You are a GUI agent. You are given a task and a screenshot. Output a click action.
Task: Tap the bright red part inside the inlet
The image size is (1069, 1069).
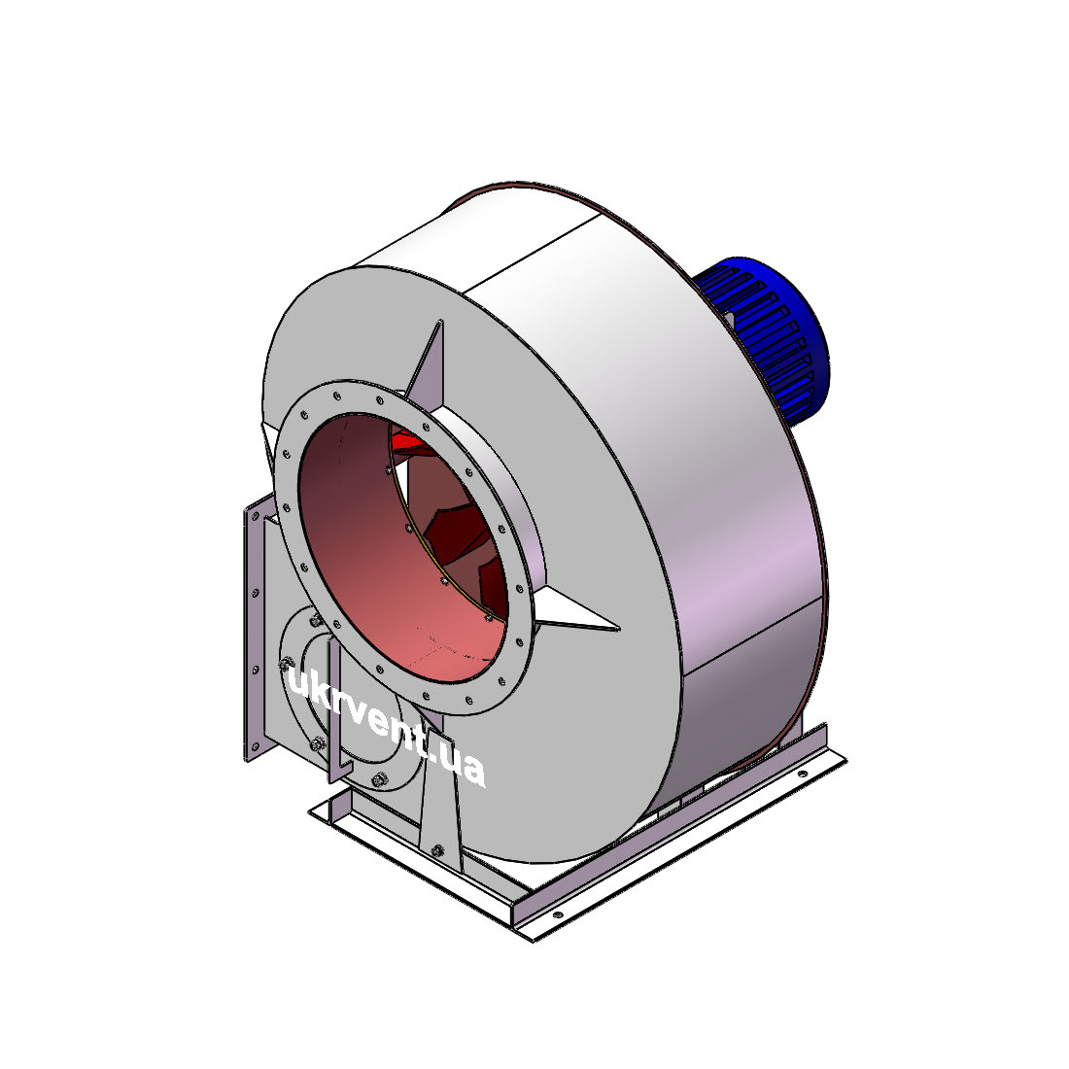411,443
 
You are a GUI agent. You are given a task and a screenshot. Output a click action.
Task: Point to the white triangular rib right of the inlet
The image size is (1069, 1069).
572,611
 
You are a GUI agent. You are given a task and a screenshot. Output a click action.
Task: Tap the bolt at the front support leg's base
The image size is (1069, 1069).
437,850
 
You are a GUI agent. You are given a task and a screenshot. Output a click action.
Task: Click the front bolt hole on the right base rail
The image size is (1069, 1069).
558,914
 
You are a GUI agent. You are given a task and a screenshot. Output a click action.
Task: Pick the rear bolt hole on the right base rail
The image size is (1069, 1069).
802,775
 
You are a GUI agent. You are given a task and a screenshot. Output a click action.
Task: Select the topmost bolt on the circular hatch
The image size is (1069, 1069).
317,620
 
